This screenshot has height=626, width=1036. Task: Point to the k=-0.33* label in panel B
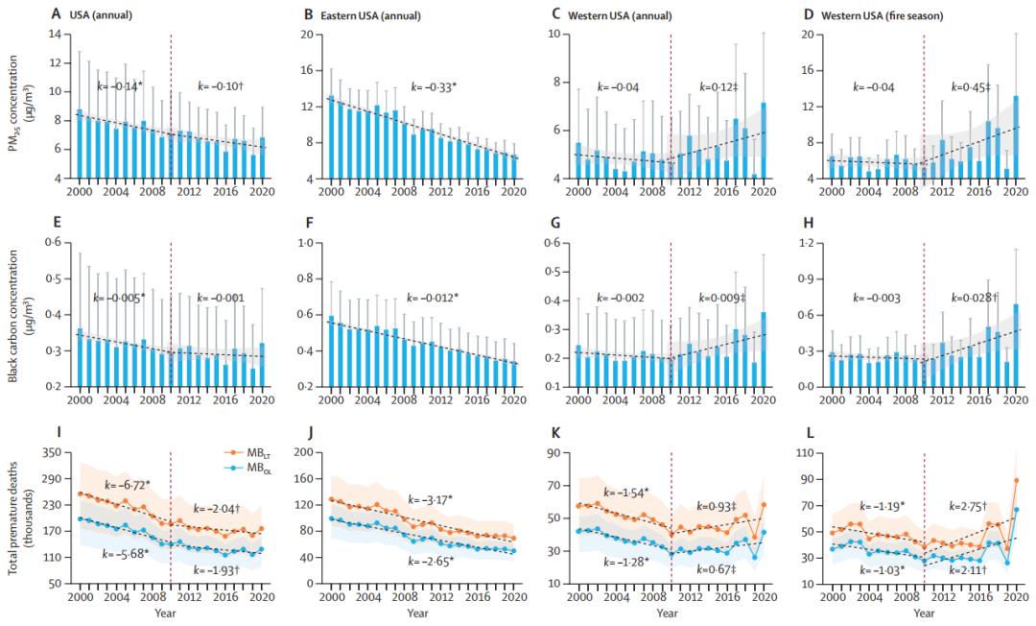tap(435, 86)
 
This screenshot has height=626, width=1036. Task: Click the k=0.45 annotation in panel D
tap(973, 86)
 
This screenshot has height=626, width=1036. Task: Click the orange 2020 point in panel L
tap(990, 480)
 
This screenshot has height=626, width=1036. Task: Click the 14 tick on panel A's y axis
tap(56, 35)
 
